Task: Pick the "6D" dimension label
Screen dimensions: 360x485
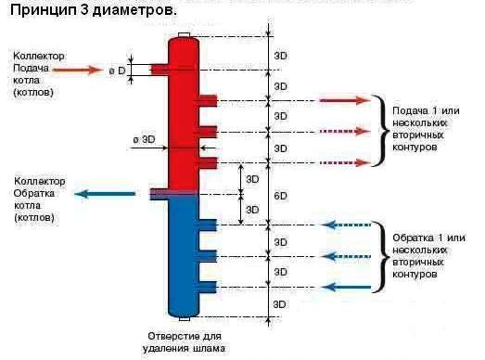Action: [x=281, y=196]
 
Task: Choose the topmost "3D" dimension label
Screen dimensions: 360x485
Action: [x=281, y=56]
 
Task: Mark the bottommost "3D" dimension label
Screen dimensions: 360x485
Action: [x=281, y=303]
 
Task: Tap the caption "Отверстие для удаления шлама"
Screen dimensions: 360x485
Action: [x=186, y=341]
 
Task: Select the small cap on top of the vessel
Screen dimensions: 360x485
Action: [x=184, y=37]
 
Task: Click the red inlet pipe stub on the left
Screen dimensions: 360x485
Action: [x=159, y=70]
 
